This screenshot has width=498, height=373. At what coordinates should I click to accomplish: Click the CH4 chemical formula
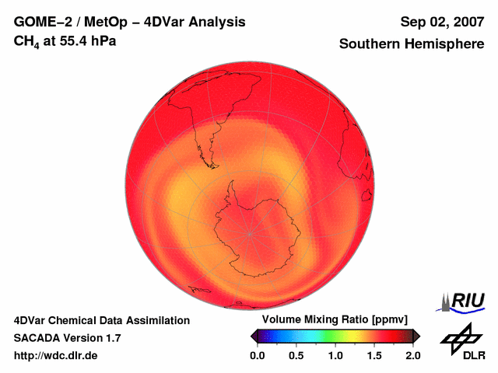(27, 40)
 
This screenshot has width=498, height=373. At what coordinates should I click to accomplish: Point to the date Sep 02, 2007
(441, 22)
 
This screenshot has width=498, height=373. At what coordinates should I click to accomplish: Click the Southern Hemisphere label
(412, 44)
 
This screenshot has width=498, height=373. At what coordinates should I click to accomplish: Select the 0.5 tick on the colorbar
(296, 355)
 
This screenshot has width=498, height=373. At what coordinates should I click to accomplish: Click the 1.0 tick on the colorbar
(335, 355)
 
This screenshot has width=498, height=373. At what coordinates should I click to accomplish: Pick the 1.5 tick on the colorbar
(373, 355)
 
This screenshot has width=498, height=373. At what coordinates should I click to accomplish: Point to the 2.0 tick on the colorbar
(412, 355)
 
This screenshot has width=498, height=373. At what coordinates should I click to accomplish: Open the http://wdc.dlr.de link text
(56, 356)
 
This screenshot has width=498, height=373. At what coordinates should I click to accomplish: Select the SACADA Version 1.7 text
(67, 338)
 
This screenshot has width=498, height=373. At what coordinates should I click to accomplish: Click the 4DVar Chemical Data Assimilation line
(102, 320)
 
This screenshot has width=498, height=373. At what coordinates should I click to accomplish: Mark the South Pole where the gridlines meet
(251, 232)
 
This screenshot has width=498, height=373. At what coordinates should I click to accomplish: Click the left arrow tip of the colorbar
(252, 336)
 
